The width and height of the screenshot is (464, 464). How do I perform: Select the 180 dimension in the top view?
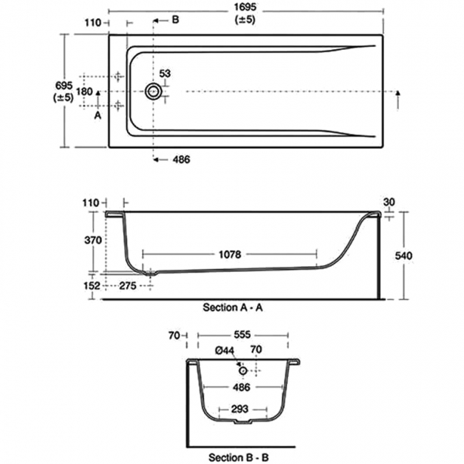(84, 91)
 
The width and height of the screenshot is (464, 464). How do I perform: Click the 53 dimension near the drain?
(166, 74)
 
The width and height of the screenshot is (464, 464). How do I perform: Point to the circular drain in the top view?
(153, 91)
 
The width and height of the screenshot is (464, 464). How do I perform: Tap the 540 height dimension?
(423, 255)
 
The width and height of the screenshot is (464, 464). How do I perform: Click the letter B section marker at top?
(175, 20)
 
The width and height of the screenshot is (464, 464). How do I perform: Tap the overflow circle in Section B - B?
(243, 370)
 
